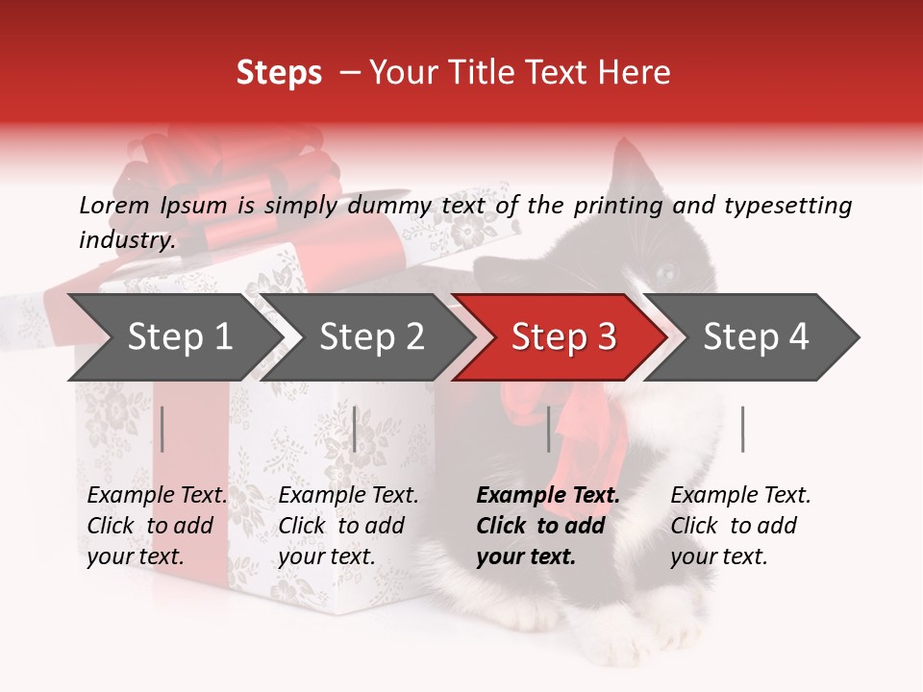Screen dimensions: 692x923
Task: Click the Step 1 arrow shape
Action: tap(178, 337)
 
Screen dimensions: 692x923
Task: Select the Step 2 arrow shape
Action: tap(370, 337)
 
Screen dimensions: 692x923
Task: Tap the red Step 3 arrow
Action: tap(562, 337)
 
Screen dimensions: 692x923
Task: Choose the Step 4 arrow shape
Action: tap(755, 337)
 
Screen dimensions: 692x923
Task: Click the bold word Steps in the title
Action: tap(279, 72)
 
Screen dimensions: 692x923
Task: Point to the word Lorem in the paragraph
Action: tap(114, 205)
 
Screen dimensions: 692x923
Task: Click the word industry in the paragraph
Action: tap(125, 240)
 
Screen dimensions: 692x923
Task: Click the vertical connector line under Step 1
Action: tap(162, 429)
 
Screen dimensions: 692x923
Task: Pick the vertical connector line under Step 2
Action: tap(355, 429)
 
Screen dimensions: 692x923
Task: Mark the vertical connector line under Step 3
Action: tap(548, 429)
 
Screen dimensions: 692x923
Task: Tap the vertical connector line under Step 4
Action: tap(742, 429)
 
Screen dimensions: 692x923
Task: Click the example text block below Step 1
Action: tap(156, 526)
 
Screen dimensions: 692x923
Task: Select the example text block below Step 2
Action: tap(347, 526)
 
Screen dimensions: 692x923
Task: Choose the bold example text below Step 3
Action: tap(547, 526)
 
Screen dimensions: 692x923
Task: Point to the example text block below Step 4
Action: tap(739, 526)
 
